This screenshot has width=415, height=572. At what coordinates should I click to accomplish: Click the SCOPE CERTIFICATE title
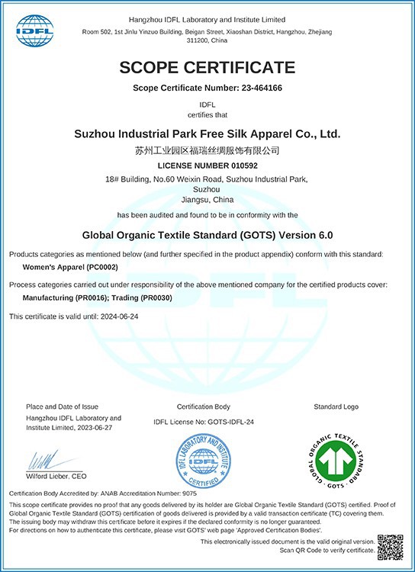(x=207, y=67)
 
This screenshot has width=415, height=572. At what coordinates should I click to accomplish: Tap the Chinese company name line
(x=207, y=150)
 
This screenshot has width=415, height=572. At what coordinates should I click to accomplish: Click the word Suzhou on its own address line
(x=207, y=189)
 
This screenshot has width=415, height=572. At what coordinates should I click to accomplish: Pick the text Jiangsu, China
(x=207, y=200)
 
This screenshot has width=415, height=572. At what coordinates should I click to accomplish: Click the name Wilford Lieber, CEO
(x=56, y=476)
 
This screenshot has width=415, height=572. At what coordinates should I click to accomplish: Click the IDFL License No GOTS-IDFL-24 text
(x=203, y=422)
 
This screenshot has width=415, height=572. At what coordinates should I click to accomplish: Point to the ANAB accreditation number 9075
(x=188, y=494)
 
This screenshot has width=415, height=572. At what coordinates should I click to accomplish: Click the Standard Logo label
(x=336, y=407)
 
